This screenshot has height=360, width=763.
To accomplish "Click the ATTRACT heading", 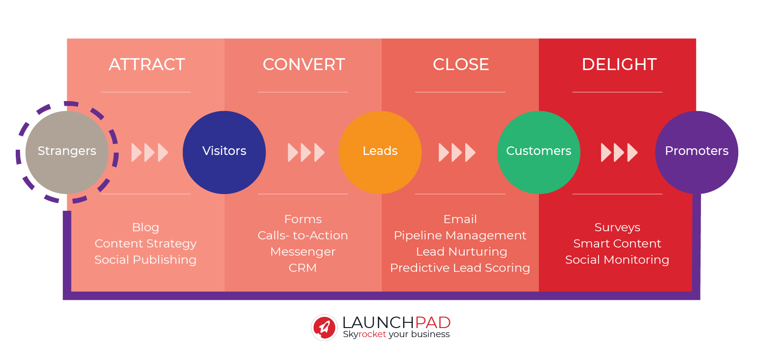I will pos(147,64).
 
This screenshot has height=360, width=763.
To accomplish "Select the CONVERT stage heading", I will pos(304,64).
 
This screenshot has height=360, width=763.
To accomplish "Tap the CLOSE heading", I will pos(461,64).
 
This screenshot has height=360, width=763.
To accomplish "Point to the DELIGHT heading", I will pos(619,64).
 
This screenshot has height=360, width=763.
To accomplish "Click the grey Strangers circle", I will pos(67,152).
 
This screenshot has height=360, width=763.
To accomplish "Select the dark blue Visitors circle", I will pos(224,152).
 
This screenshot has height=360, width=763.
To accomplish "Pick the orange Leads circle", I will pos(380,152).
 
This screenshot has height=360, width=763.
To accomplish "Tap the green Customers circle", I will pos(539,152).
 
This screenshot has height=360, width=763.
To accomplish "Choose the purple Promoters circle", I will pos(696,152).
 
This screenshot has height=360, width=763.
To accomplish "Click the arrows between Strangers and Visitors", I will pos(150,153).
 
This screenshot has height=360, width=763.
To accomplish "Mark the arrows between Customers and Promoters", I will pos(619,153).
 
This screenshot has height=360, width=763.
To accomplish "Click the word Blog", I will pos(145,227).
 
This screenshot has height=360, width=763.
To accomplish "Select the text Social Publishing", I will pos(145,260).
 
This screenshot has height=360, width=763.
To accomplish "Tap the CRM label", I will pos(303,268).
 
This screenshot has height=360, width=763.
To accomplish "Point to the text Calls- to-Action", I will pos(303,236).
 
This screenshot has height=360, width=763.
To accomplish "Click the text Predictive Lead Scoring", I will pos(460,268).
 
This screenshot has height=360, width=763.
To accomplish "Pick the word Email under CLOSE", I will pos(460,219).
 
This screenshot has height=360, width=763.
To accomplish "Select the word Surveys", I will pos(617,227).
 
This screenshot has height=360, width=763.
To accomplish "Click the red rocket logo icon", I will pos(325,328).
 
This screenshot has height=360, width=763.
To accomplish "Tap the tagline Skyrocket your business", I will pos(396,335).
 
